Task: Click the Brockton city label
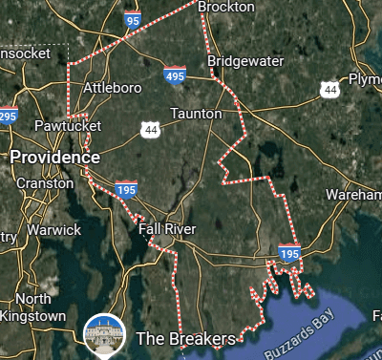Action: (x=226, y=7)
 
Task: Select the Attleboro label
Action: (x=114, y=88)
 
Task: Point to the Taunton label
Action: (x=196, y=114)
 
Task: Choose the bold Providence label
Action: (x=54, y=157)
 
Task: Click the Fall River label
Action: (x=167, y=229)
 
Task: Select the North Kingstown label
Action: (x=33, y=307)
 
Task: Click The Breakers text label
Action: (x=185, y=338)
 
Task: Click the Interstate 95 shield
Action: (x=133, y=18)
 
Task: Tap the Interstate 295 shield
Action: (x=8, y=116)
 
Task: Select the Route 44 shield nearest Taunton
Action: (x=149, y=128)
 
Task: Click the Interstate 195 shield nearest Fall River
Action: (x=125, y=189)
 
